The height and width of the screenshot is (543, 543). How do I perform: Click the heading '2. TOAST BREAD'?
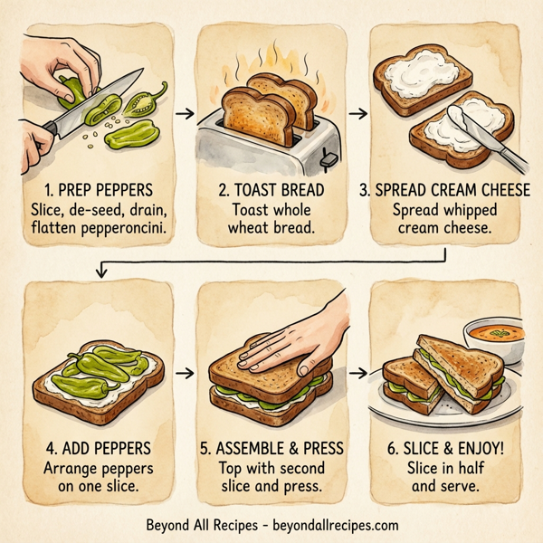pyautogui.click(x=270, y=193)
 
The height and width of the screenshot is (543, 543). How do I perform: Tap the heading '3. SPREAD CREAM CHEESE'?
pyautogui.click(x=445, y=193)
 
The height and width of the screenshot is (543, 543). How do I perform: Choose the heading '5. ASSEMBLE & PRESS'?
pyautogui.click(x=270, y=450)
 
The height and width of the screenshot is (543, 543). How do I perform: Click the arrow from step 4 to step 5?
pyautogui.click(x=184, y=372)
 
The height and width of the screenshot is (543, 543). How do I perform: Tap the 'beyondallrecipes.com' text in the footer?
pyautogui.click(x=329, y=525)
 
